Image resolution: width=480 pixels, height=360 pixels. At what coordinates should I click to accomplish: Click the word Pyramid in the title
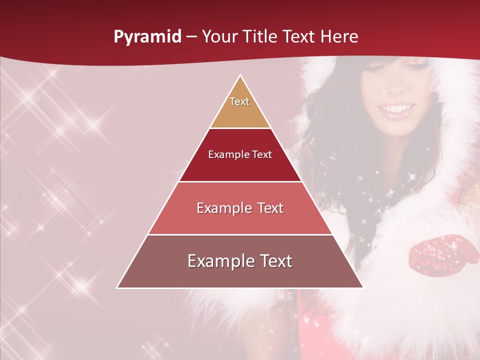(147, 37)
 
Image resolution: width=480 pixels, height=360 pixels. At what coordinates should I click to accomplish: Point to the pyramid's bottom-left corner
(117, 287)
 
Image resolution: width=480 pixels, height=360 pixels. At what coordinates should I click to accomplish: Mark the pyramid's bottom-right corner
(363, 287)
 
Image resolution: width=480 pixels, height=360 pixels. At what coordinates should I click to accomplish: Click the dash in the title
(191, 37)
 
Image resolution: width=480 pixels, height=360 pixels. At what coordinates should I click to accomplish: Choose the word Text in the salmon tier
(268, 208)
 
